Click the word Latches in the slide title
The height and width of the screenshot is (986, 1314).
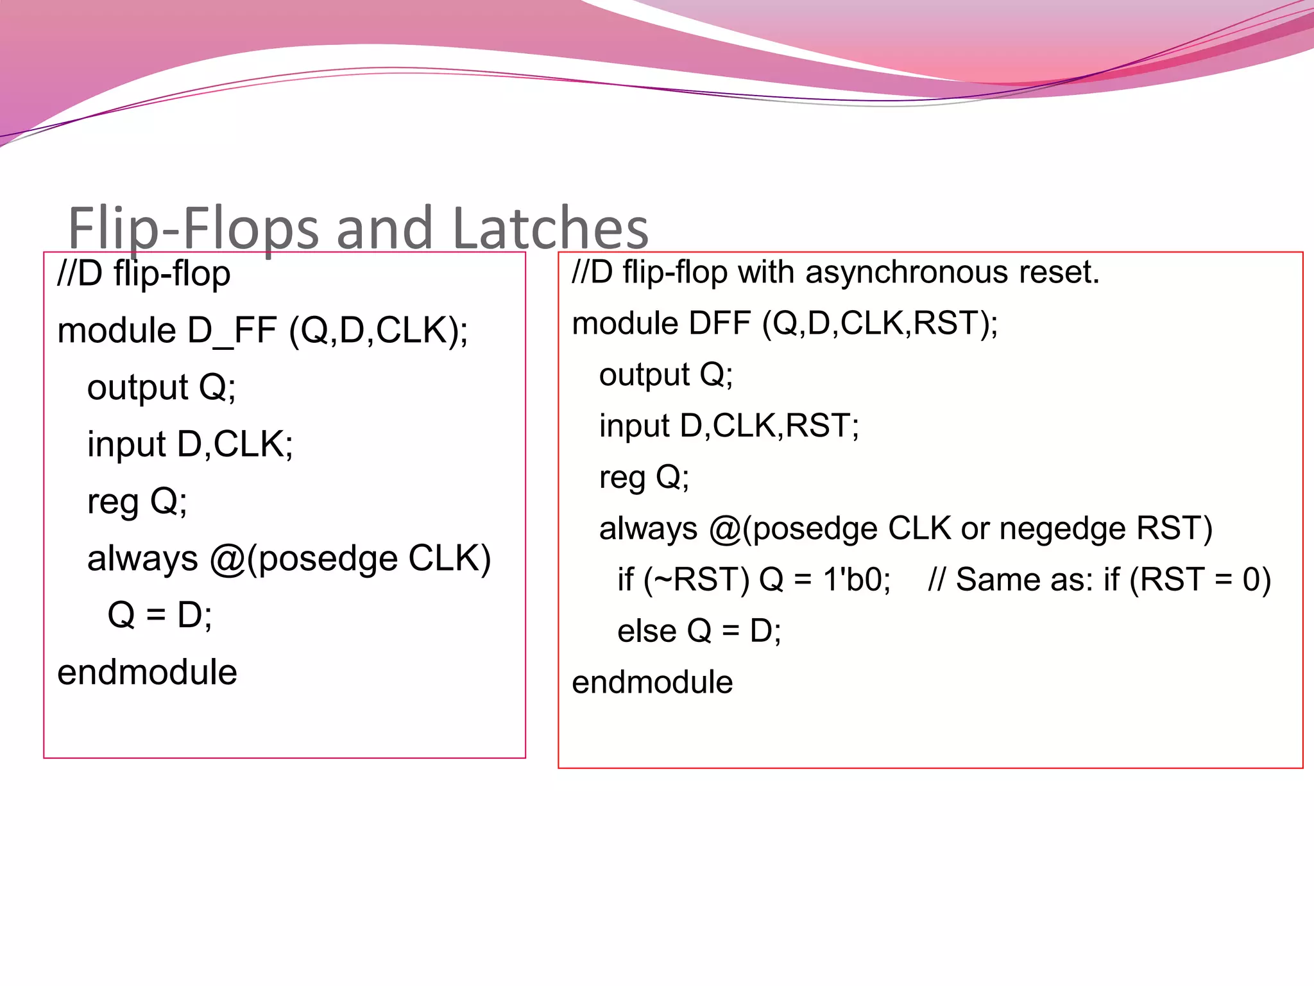pos(550,229)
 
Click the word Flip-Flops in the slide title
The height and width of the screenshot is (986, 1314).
pos(192,229)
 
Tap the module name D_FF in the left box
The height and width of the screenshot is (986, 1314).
pos(232,331)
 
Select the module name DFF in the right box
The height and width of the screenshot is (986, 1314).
pos(719,323)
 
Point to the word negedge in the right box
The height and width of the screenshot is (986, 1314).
pos(1062,529)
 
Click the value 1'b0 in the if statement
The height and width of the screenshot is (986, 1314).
pos(857,580)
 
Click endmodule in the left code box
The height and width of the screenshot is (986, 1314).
pos(147,673)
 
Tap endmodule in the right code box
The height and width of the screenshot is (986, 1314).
pos(652,682)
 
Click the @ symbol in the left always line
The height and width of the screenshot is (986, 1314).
pos(226,558)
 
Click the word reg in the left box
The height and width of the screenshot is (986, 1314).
pos(113,502)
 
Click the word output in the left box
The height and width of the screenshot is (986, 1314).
pos(138,388)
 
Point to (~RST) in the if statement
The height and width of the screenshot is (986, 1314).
pos(696,580)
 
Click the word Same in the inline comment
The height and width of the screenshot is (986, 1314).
pos(993,580)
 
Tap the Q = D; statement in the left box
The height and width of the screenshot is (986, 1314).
pos(160,615)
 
